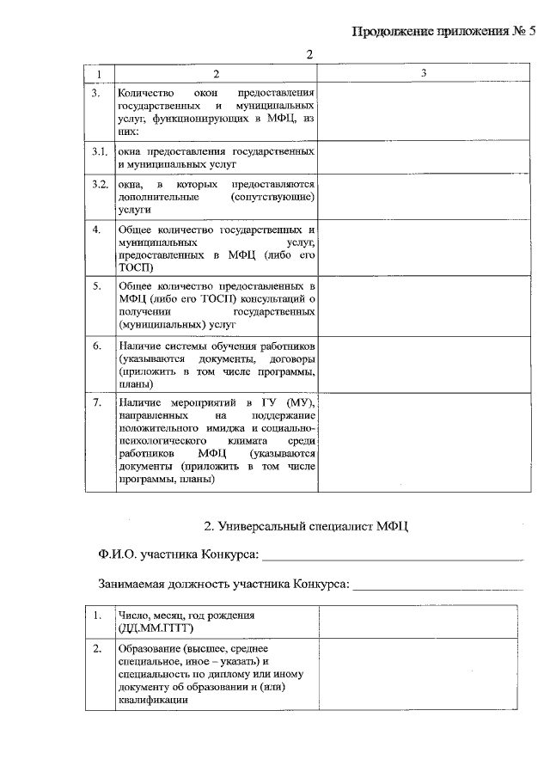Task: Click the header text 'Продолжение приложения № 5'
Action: click(443, 33)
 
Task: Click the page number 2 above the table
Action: click(310, 56)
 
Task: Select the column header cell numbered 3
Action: click(424, 75)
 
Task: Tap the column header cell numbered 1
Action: click(100, 75)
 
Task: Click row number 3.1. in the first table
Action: click(100, 151)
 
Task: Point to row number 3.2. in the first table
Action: click(100, 185)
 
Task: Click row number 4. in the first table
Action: click(97, 230)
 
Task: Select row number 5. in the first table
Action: click(97, 285)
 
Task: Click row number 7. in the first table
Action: click(97, 401)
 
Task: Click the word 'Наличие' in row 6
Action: click(139, 346)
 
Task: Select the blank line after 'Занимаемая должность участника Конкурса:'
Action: click(437, 587)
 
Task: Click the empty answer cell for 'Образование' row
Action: click(424, 675)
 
